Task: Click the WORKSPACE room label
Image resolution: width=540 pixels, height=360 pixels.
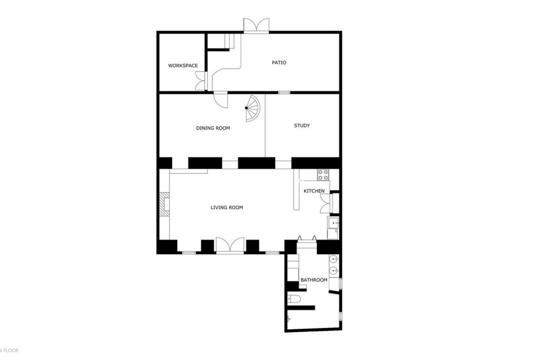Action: pyautogui.click(x=183, y=66)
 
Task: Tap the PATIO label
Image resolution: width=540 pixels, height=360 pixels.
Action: pyautogui.click(x=279, y=62)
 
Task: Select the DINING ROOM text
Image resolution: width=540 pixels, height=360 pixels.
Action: pyautogui.click(x=213, y=128)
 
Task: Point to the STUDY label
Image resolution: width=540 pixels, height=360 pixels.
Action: pyautogui.click(x=302, y=125)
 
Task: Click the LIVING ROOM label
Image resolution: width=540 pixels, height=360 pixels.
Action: pyautogui.click(x=227, y=208)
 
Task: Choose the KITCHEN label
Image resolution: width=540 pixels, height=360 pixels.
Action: pyautogui.click(x=314, y=191)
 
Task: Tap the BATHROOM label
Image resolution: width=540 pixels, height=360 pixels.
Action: pyautogui.click(x=314, y=280)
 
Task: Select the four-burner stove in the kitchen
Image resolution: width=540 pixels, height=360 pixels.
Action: pyautogui.click(x=323, y=175)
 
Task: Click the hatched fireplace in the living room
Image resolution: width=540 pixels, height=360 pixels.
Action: pyautogui.click(x=165, y=204)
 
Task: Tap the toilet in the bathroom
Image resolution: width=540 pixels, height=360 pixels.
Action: pyautogui.click(x=294, y=299)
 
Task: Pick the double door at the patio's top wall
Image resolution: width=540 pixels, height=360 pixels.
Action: pyautogui.click(x=256, y=25)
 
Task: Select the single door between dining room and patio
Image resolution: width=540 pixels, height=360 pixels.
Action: pyautogui.click(x=221, y=100)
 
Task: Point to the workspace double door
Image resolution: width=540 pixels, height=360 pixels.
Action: pyautogui.click(x=201, y=81)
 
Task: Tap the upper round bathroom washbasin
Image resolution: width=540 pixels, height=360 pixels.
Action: pyautogui.click(x=334, y=259)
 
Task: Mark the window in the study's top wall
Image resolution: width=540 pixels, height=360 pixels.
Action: pyautogui.click(x=284, y=92)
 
